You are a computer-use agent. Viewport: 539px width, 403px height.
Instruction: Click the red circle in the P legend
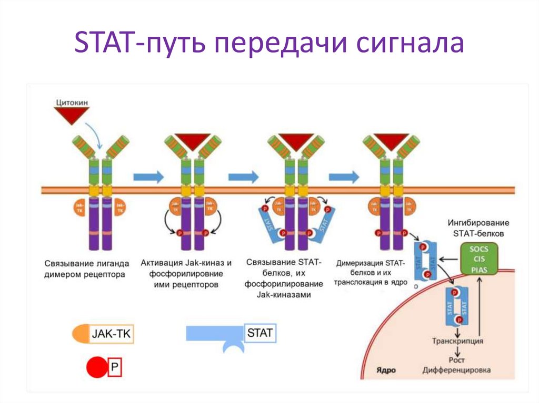click(x=96, y=368)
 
